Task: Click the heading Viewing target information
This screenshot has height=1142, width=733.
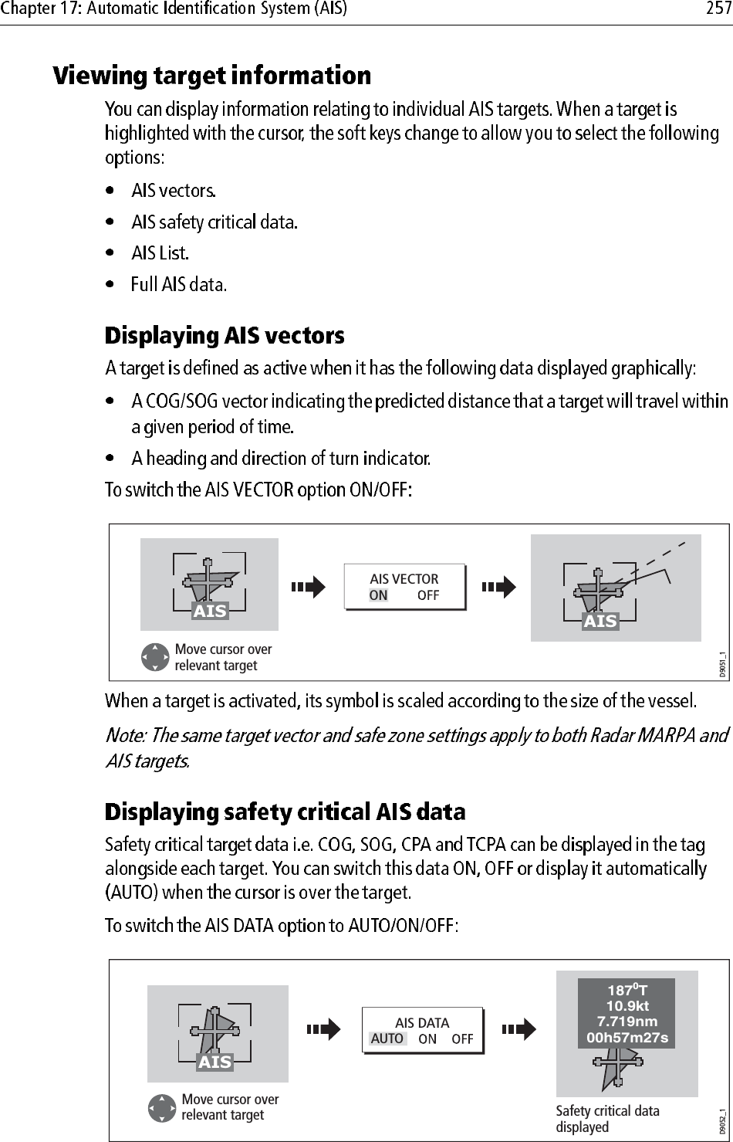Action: point(212,76)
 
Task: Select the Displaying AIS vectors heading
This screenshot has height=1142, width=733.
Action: point(225,336)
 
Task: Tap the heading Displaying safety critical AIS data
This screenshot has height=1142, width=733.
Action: point(285,812)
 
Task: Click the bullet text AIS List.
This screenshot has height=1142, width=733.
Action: point(160,252)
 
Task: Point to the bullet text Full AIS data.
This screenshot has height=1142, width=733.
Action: point(178,284)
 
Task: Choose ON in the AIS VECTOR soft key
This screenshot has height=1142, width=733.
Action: point(378,595)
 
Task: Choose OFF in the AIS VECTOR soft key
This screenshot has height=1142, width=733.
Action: point(427,595)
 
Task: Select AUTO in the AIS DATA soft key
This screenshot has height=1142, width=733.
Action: point(387,1039)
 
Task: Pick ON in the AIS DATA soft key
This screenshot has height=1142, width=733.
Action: point(427,1039)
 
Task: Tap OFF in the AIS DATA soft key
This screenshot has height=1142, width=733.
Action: point(462,1039)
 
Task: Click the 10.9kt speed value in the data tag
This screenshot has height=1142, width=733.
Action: point(627,1006)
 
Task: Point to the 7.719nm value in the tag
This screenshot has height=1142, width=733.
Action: point(627,1022)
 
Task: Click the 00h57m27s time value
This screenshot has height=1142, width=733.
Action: point(627,1037)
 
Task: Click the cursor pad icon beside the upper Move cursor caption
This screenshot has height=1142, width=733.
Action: point(155,657)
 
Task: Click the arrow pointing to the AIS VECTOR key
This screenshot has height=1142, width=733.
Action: point(309,588)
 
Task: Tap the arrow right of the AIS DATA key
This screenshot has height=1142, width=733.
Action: point(519,1029)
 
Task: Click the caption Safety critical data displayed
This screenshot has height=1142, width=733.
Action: point(607,1118)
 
